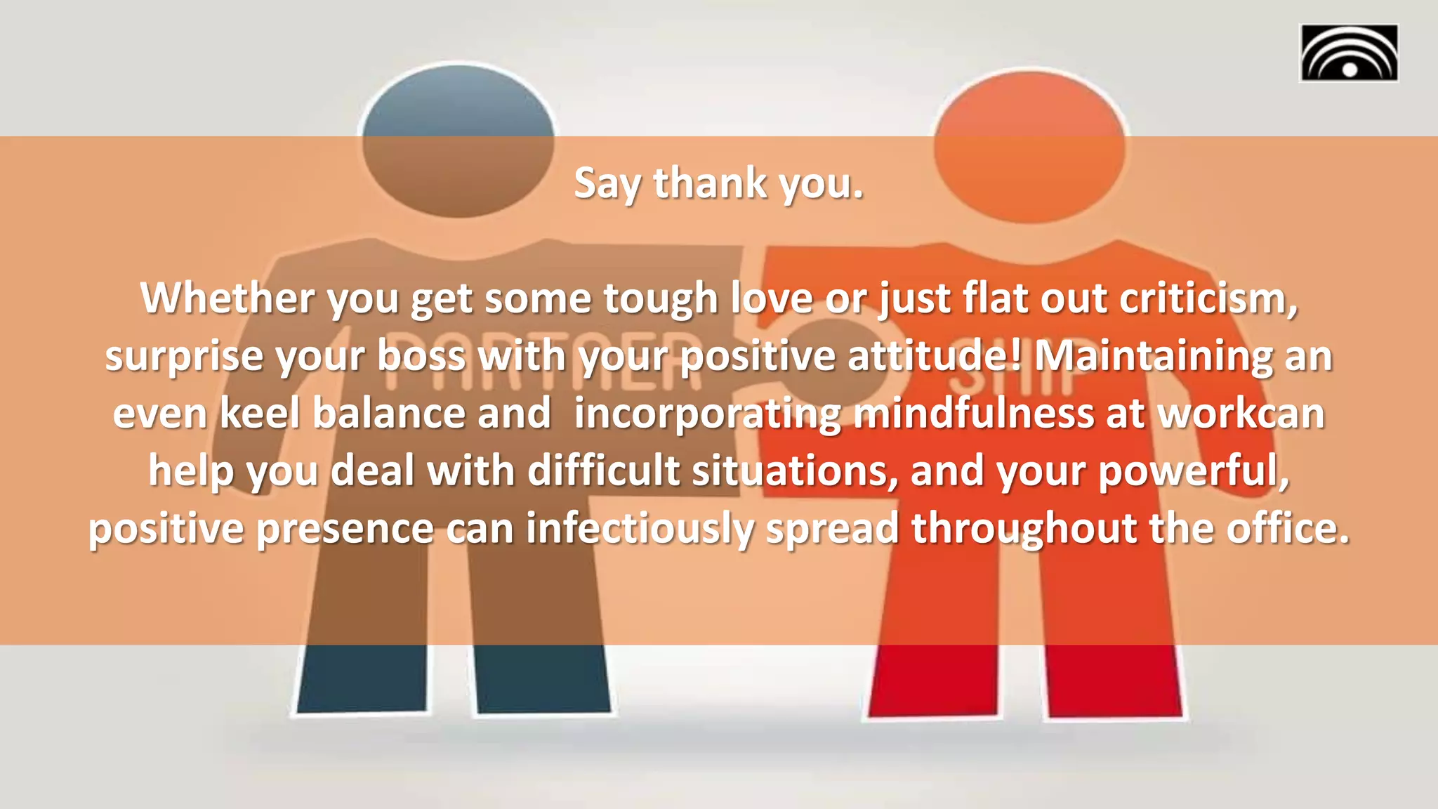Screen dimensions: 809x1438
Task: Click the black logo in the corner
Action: (1349, 53)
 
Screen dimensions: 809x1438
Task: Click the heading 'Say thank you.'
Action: (718, 183)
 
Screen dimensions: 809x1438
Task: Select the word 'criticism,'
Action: (1208, 298)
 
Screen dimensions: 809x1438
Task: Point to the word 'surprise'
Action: (183, 355)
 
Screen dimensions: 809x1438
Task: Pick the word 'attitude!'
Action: (935, 355)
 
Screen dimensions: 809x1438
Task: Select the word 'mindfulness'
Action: (973, 413)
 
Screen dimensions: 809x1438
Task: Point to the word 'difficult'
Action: (603, 471)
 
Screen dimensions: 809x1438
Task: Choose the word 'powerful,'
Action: (1194, 471)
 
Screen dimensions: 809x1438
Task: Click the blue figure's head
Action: (458, 140)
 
